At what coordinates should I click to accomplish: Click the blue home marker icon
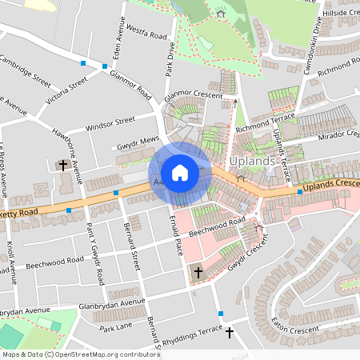180,173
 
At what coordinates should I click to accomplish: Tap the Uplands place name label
251,161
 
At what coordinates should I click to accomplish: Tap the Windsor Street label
111,124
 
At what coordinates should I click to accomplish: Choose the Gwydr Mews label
138,141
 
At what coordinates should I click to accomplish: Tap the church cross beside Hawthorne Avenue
63,166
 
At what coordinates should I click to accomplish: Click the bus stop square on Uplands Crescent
299,192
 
